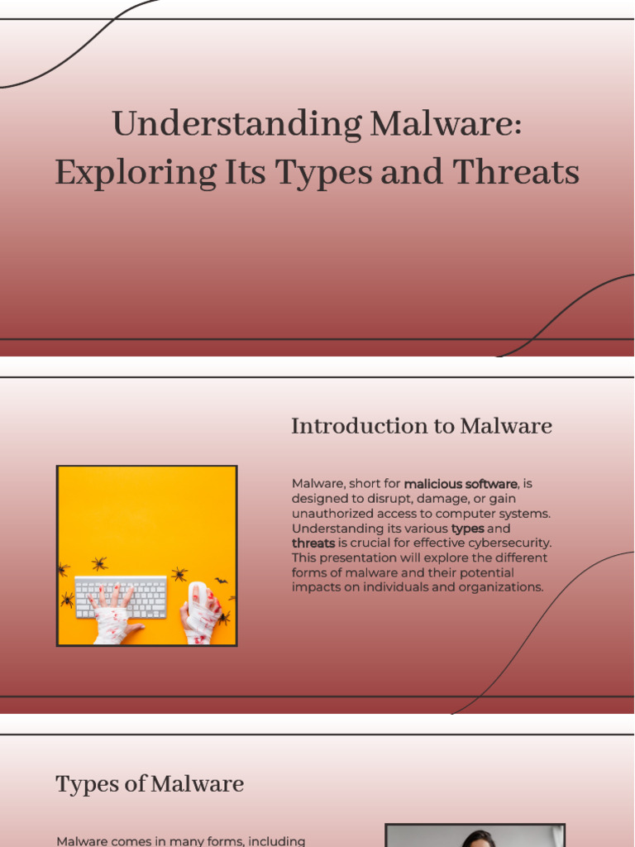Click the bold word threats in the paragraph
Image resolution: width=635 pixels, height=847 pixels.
click(x=313, y=543)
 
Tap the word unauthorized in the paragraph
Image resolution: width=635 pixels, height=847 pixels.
click(x=332, y=514)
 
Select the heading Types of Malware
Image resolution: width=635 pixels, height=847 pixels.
click(x=150, y=784)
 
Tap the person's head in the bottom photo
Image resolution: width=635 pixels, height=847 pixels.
click(x=478, y=840)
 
